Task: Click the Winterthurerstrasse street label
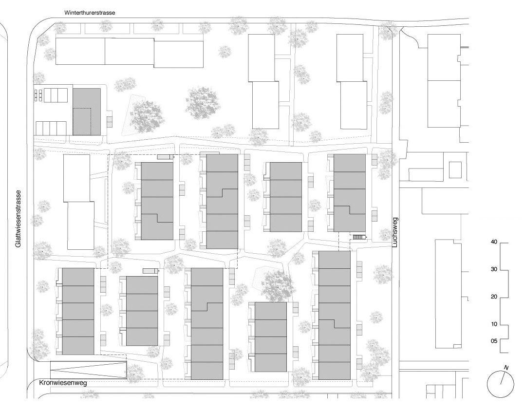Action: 90,12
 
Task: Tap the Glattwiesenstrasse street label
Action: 19,219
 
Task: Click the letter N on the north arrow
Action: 506,367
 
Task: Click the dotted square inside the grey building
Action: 82,121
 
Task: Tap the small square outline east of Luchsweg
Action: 455,170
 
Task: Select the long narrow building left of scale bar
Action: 448,293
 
